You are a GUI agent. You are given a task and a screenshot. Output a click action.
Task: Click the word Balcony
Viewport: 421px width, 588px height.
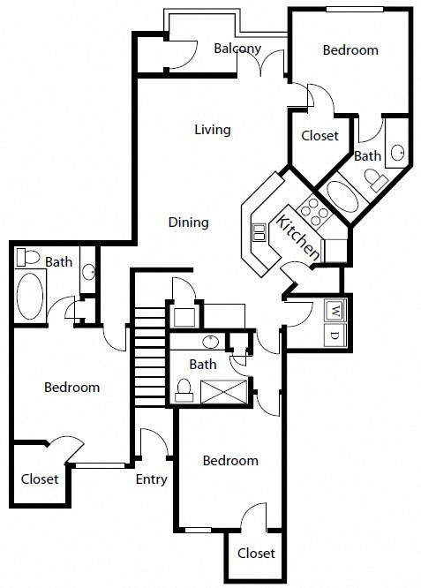(237, 49)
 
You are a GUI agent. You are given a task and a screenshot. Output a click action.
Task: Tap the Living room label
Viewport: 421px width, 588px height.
(212, 130)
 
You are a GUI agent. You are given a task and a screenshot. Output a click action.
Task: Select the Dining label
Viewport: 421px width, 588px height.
(188, 222)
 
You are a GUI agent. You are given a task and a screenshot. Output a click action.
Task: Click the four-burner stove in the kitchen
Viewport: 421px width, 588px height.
(312, 211)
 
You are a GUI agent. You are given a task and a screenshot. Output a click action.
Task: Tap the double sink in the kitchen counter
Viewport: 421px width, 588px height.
(260, 232)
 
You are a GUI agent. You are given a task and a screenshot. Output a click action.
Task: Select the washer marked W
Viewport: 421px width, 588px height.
(335, 310)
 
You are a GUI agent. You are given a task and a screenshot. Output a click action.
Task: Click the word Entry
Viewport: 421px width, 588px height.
(152, 479)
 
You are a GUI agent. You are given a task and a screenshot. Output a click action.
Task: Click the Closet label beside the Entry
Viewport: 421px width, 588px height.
(40, 479)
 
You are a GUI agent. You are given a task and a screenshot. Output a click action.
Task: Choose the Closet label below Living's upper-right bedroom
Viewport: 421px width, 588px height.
(320, 136)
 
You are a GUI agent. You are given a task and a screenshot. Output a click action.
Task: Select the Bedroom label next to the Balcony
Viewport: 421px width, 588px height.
(350, 50)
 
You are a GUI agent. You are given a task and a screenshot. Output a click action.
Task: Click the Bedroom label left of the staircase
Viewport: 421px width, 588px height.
(71, 387)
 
